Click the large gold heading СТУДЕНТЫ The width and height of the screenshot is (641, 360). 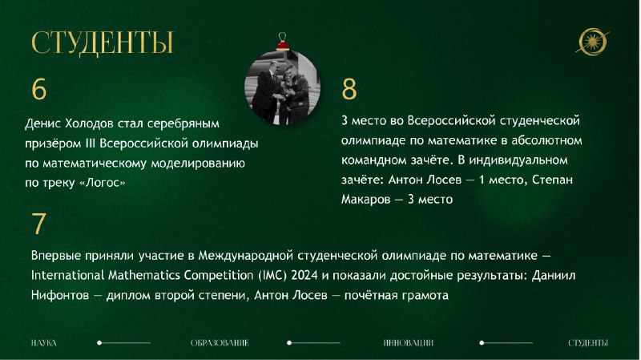(x=103, y=43)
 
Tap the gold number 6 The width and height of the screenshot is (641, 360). (x=39, y=89)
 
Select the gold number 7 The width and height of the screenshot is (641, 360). (x=38, y=224)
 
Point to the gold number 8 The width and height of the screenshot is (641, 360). (x=349, y=89)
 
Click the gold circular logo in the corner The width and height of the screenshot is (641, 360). (x=592, y=42)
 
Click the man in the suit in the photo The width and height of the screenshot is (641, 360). (x=266, y=92)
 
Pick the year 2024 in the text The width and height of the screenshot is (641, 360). (x=304, y=275)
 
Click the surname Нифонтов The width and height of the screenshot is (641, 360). (x=59, y=295)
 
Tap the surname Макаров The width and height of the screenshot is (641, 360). (x=366, y=199)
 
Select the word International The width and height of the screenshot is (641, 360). (x=68, y=275)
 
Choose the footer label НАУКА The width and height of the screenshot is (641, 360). (x=44, y=343)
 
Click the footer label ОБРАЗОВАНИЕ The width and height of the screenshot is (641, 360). (x=220, y=343)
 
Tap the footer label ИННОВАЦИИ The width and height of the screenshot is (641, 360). (x=409, y=343)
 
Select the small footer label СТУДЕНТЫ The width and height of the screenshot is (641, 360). (x=588, y=343)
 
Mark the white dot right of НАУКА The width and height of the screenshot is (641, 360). (x=99, y=343)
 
